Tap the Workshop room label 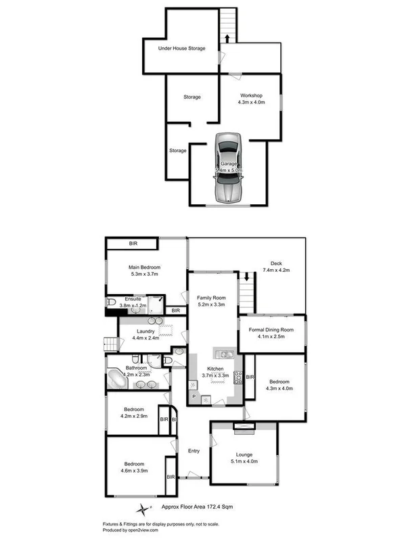pyautogui.click(x=251, y=96)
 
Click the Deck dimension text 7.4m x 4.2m pyautogui.click(x=275, y=270)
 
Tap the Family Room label pyautogui.click(x=211, y=298)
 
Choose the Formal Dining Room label pyautogui.click(x=271, y=329)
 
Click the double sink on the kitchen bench pyautogui.click(x=224, y=354)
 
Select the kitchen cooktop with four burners pyautogui.click(x=238, y=379)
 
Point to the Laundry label pyautogui.click(x=145, y=331)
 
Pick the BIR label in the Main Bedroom pyautogui.click(x=132, y=243)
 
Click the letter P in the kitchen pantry pyautogui.click(x=194, y=395)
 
